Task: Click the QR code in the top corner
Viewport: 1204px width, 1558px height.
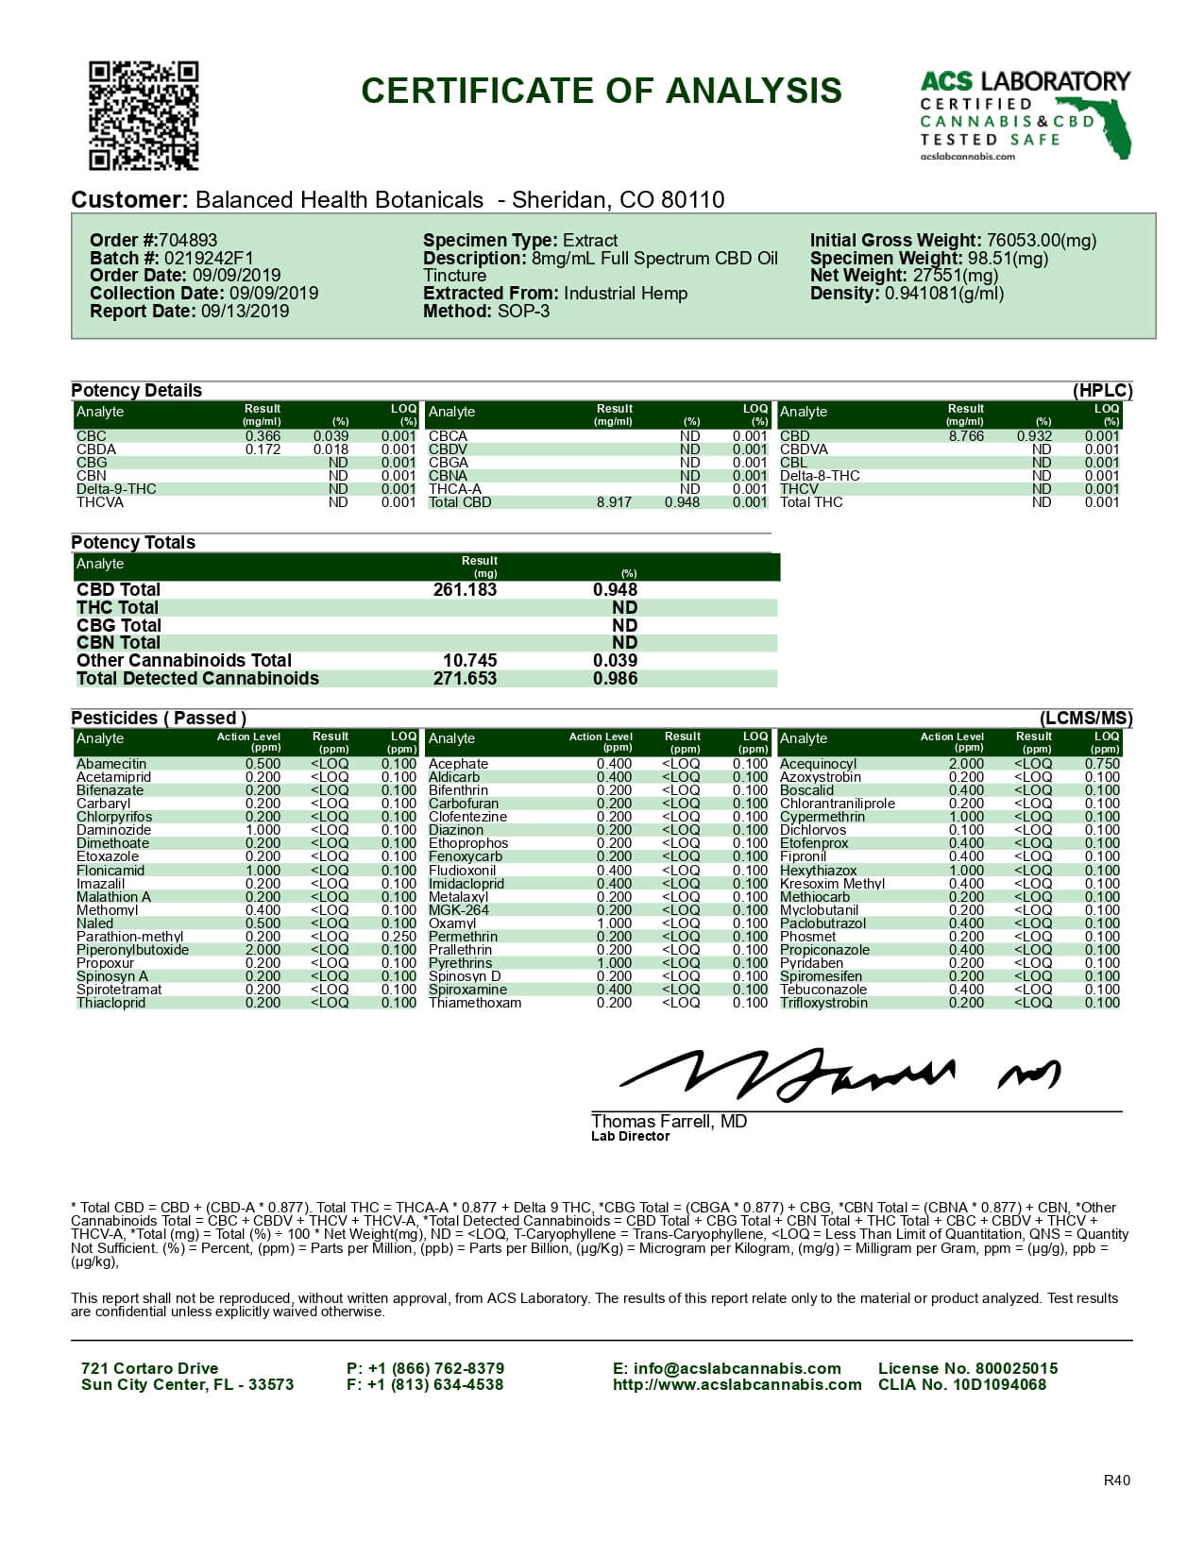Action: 144,115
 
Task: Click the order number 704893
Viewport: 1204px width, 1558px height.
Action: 188,241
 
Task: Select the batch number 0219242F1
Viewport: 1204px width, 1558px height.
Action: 209,259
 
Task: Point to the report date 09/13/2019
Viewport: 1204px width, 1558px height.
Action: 245,312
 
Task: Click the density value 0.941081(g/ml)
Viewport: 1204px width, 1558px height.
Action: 944,294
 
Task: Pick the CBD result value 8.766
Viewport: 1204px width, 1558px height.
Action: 966,436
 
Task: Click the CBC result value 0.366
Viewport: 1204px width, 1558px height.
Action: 263,436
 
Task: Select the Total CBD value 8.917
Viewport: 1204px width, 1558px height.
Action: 614,502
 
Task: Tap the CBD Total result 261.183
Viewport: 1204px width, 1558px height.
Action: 465,590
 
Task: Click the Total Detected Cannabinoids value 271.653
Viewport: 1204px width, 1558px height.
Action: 465,679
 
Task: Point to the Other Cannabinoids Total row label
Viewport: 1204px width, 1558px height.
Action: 184,661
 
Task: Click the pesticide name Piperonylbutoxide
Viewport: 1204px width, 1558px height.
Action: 132,950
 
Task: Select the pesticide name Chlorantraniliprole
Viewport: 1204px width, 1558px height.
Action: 838,804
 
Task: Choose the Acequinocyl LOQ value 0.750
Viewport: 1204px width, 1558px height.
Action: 1102,764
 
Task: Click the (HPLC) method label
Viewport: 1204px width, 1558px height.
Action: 1102,391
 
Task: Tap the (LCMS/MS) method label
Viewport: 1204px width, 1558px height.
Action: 1086,719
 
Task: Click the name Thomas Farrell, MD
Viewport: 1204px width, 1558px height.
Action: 669,1122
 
